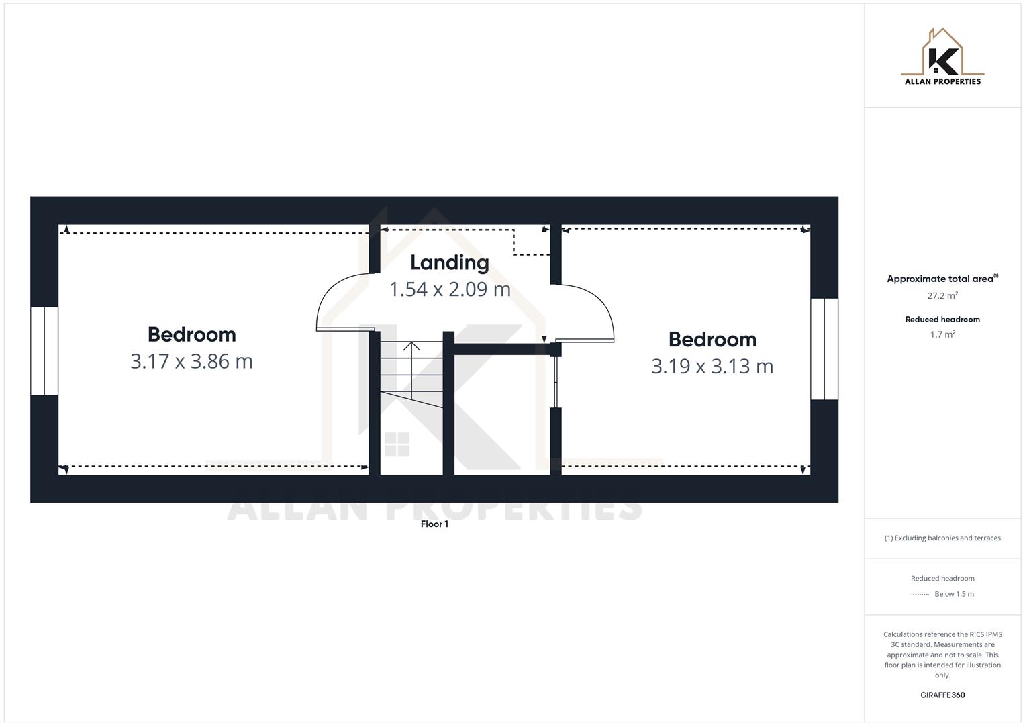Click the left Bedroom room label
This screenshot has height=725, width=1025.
[x=191, y=334]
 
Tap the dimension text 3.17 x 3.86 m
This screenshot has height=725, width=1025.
[x=191, y=361]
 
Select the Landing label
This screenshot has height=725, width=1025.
[x=449, y=262]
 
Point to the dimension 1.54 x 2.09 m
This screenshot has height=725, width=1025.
[x=450, y=289]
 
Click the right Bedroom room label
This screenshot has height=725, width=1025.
[x=712, y=340]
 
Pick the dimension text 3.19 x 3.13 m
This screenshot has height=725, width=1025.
[x=712, y=367]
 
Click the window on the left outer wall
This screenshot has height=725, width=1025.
[x=44, y=351]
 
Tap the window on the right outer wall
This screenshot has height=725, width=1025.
[x=824, y=349]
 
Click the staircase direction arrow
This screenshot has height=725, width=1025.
[x=411, y=347]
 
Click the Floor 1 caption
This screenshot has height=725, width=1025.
[x=434, y=524]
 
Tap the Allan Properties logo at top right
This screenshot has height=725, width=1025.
[x=942, y=57]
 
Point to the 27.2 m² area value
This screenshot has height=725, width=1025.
[x=942, y=295]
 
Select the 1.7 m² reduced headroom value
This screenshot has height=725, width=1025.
[x=942, y=334]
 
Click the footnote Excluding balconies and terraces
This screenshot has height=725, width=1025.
[x=942, y=538]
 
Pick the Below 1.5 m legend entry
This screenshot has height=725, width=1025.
[x=954, y=594]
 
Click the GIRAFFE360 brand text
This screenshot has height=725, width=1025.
[x=942, y=695]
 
